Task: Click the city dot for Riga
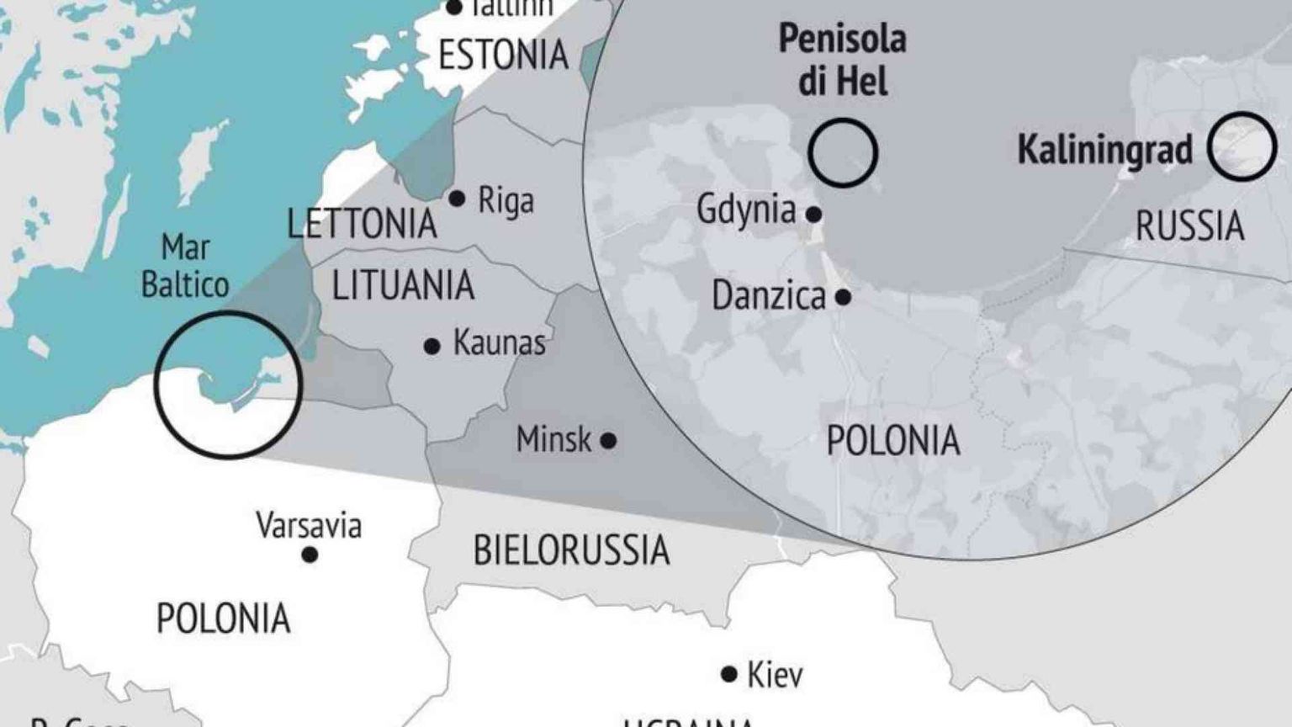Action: click(457, 199)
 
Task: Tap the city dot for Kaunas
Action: click(432, 346)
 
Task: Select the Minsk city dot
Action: click(608, 440)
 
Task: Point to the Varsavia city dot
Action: click(310, 555)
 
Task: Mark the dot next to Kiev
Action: click(729, 674)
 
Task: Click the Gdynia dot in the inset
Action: click(813, 215)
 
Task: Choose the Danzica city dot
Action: click(843, 297)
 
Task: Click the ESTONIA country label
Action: click(503, 56)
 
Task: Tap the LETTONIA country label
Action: click(362, 224)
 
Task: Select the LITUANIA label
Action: click(403, 285)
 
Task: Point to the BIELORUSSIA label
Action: click(571, 550)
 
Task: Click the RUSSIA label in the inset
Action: click(1189, 226)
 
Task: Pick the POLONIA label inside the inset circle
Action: click(892, 440)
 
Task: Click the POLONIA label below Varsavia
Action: click(224, 618)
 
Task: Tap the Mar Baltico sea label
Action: click(185, 266)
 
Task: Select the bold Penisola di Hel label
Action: click(842, 61)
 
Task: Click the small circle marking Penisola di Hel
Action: click(843, 152)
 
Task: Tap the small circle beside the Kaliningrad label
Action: click(1242, 146)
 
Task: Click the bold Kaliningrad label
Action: click(1105, 150)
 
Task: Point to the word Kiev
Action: click(775, 675)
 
